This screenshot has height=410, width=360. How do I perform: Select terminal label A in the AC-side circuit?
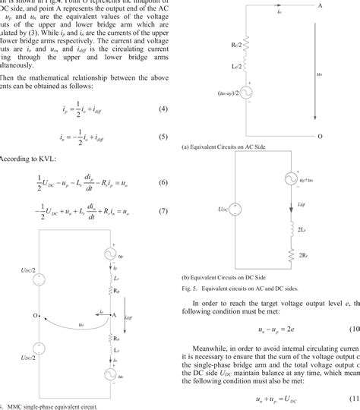click(321, 5)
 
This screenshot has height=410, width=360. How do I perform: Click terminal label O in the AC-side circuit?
click(321, 137)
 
